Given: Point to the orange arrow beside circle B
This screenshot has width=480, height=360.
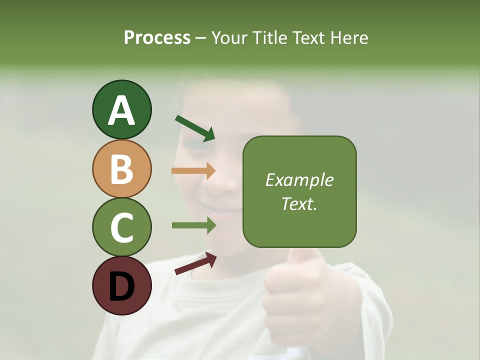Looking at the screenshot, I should [x=193, y=171].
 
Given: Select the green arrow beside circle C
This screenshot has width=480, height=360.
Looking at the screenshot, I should [x=194, y=225].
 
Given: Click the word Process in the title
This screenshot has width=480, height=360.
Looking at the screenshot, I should [x=157, y=37].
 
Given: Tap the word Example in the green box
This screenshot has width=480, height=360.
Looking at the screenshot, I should [x=299, y=180].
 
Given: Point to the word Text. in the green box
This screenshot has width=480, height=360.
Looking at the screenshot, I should [x=299, y=203].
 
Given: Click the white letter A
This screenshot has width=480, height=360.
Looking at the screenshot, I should [x=121, y=110].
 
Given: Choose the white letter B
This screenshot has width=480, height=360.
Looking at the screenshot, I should [x=121, y=169].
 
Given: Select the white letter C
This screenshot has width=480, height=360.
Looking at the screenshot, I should [x=121, y=227].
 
